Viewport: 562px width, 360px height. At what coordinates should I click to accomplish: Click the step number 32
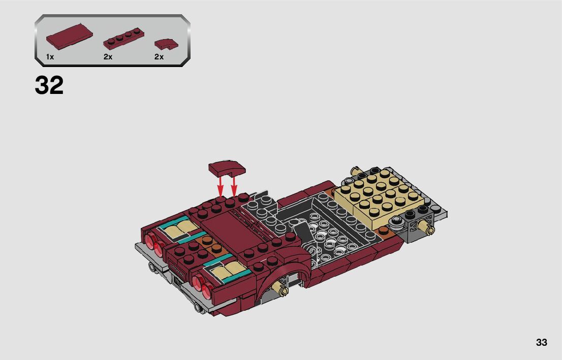49,85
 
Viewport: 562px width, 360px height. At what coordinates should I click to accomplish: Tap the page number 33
542,342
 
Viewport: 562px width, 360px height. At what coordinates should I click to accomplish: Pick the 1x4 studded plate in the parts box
123,39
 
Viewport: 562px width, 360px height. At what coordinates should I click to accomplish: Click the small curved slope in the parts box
166,43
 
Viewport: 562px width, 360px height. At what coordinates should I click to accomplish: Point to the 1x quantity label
50,57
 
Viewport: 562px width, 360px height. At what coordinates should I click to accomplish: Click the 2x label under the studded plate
108,57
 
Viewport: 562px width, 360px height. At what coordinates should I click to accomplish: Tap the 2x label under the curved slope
159,57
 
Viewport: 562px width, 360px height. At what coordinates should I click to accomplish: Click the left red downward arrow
221,184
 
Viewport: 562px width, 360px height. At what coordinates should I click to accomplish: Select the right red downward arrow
234,184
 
